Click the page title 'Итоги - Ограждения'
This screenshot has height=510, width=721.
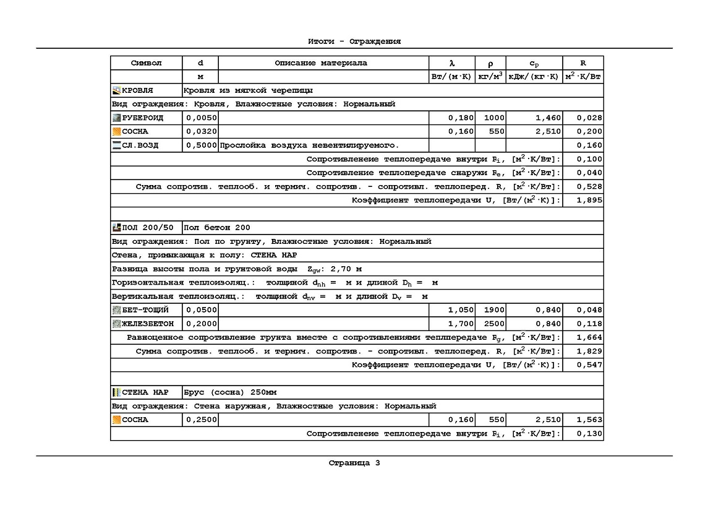pos(354,41)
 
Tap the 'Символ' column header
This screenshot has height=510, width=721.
pos(146,63)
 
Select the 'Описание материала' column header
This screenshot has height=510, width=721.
pos(321,63)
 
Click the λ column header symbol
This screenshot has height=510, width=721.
pos(451,63)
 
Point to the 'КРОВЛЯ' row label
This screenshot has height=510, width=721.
pos(137,91)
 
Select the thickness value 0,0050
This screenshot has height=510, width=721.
pos(201,118)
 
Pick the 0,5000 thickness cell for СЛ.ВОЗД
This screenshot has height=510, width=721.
pos(201,145)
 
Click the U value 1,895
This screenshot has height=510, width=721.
pos(589,201)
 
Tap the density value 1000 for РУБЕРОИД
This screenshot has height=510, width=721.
pos(494,118)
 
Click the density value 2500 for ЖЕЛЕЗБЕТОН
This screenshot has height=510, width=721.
pos(494,324)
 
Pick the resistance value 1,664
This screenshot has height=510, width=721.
pos(589,337)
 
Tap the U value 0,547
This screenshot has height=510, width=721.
pos(589,365)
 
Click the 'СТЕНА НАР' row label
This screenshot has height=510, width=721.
pos(145,392)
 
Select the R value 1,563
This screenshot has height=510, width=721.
pos(589,420)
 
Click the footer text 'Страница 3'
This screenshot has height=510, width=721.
pos(354,462)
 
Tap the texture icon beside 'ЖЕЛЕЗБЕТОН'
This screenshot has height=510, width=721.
pos(116,324)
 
